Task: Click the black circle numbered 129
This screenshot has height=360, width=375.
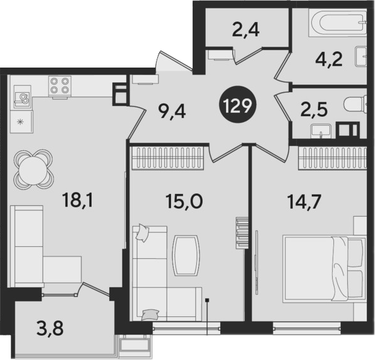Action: click(x=239, y=105)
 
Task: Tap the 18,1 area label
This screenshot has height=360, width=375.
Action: click(x=78, y=200)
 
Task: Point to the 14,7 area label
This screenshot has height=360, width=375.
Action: click(x=305, y=201)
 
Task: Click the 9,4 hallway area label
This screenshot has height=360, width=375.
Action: click(x=172, y=111)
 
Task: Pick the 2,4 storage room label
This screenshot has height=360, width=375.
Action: click(x=246, y=29)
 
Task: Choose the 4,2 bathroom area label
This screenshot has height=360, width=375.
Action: click(x=329, y=59)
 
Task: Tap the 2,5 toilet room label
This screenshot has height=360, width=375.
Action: click(x=314, y=110)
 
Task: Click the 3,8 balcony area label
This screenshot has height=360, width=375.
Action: click(x=50, y=328)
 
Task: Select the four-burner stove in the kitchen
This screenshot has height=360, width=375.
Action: click(x=59, y=87)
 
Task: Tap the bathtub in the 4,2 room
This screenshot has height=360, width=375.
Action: click(x=338, y=23)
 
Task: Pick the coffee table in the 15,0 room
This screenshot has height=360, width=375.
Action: click(x=186, y=255)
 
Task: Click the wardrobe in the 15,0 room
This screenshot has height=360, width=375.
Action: click(x=167, y=159)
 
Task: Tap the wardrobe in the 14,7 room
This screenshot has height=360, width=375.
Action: click(x=333, y=159)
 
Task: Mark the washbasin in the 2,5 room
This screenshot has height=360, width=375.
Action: click(x=321, y=132)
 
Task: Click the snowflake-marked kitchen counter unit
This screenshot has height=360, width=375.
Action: click(x=21, y=123)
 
